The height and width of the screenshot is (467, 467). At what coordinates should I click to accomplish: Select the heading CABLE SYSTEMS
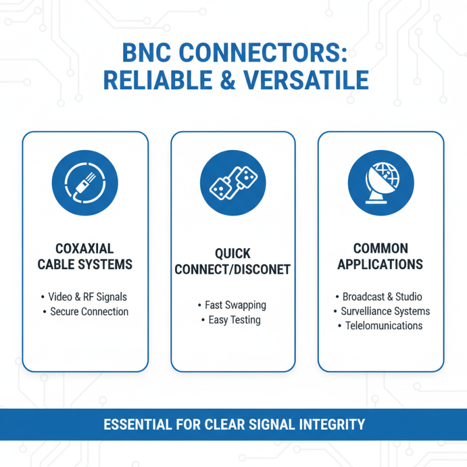click(85, 264)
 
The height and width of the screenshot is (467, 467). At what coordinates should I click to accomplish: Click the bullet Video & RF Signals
click(88, 297)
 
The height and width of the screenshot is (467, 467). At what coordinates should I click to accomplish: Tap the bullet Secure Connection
click(89, 312)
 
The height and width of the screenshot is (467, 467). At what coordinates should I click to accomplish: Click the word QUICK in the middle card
click(233, 255)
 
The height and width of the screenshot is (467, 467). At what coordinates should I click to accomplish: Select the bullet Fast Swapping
click(236, 305)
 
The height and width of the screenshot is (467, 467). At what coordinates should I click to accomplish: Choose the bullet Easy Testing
click(235, 320)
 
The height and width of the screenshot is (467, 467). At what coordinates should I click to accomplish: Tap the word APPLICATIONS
click(381, 264)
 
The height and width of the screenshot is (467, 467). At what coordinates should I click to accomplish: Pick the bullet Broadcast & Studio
click(382, 297)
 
